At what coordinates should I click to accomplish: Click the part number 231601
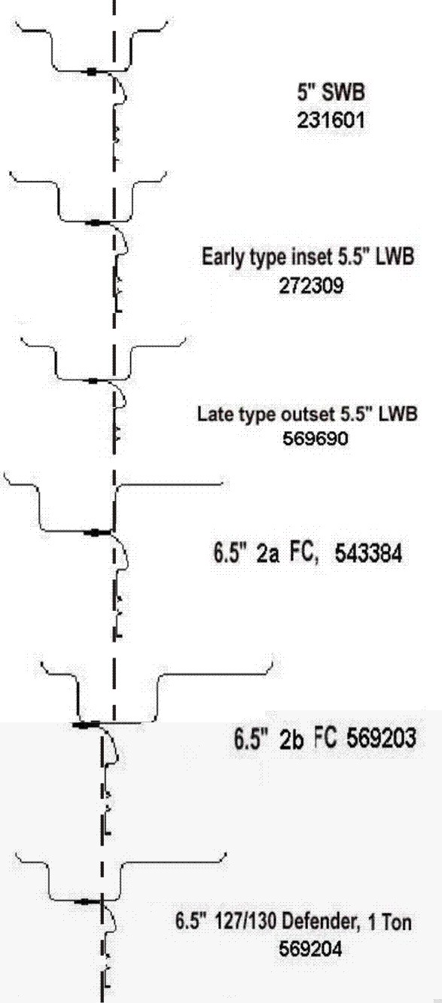[x=331, y=120]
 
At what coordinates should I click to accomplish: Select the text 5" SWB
[x=331, y=93]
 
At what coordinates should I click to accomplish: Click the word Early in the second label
[x=218, y=257]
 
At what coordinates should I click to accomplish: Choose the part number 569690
[x=315, y=439]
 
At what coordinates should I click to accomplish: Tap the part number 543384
[x=368, y=555]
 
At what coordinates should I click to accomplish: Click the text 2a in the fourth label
[x=267, y=555]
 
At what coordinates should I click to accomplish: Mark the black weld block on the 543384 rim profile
[x=95, y=533]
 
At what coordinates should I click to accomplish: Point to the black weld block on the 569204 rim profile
[x=84, y=901]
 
